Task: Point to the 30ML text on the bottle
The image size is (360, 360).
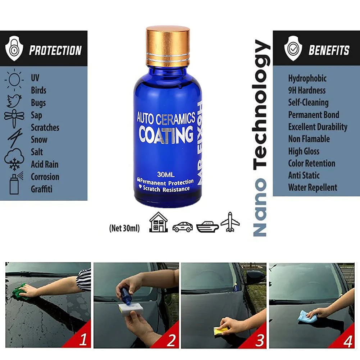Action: tap(166, 174)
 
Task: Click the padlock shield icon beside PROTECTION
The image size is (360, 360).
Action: tap(14, 48)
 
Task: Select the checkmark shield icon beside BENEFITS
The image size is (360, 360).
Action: tap(293, 48)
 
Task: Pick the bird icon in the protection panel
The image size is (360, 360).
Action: tap(14, 101)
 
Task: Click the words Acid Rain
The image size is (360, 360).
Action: tap(45, 164)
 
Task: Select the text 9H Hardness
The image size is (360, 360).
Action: tap(307, 91)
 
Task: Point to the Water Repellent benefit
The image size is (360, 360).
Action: tap(313, 188)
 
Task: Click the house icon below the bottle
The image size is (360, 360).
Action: tap(158, 222)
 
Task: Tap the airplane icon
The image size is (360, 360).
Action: tap(230, 222)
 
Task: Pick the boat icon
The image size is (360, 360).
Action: tap(207, 227)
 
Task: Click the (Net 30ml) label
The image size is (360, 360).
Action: tap(124, 228)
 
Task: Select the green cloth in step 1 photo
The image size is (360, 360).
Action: tap(19, 292)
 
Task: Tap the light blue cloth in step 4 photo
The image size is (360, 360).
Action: tap(305, 316)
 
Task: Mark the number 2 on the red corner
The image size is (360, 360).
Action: tap(171, 340)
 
